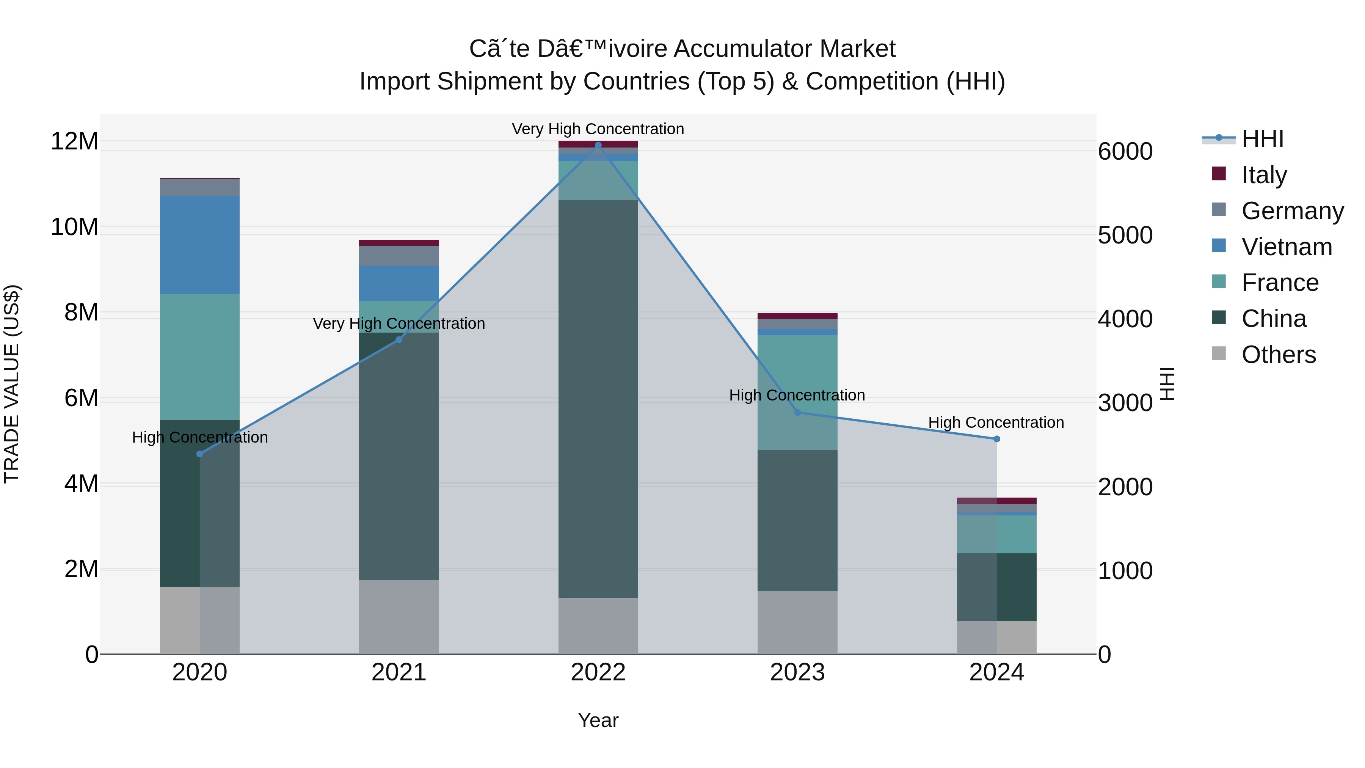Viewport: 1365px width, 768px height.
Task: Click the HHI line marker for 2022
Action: tap(598, 145)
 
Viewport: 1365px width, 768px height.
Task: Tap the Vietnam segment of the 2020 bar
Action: tap(200, 245)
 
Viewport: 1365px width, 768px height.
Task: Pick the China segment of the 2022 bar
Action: tap(598, 399)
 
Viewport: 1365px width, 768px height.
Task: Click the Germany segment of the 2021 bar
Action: tap(399, 256)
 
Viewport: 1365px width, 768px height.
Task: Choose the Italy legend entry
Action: tap(1264, 174)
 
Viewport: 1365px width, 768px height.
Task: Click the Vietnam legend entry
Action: tap(1286, 247)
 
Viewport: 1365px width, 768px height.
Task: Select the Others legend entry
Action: tap(1278, 354)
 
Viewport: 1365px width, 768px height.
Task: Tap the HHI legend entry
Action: tap(1262, 139)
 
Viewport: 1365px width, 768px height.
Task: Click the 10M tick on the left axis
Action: tap(74, 227)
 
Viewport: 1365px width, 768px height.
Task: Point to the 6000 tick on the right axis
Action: tap(1125, 152)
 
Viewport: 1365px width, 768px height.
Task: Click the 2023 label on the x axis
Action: tap(797, 672)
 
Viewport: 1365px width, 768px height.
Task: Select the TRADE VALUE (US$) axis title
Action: tap(12, 384)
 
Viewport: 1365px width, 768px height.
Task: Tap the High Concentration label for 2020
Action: tap(200, 437)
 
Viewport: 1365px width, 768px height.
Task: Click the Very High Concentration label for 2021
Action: tap(399, 323)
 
